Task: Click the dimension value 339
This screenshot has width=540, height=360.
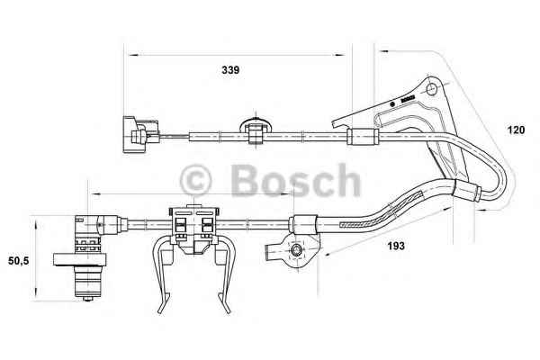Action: [230, 70]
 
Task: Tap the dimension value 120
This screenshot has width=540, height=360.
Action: [516, 130]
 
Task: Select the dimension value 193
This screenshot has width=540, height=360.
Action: [396, 246]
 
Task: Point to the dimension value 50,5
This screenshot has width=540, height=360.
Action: [19, 261]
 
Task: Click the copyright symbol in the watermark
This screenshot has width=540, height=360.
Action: [195, 181]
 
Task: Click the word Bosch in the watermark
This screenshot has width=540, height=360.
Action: [296, 181]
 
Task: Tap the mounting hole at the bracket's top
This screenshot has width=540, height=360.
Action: [431, 89]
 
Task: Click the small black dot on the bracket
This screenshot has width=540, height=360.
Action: [391, 103]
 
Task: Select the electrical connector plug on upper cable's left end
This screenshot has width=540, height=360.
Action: [140, 134]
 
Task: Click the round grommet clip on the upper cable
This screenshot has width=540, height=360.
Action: [256, 130]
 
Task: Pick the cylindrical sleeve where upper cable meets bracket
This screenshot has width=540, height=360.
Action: [363, 137]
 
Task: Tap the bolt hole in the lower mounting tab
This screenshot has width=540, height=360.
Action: [296, 250]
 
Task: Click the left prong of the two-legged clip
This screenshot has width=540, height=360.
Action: [162, 275]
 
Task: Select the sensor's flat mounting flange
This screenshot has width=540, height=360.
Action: [79, 259]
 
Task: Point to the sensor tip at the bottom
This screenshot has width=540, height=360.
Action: [88, 298]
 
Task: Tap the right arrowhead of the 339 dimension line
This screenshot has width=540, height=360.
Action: [339, 55]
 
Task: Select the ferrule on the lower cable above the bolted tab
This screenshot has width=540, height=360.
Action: [303, 224]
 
